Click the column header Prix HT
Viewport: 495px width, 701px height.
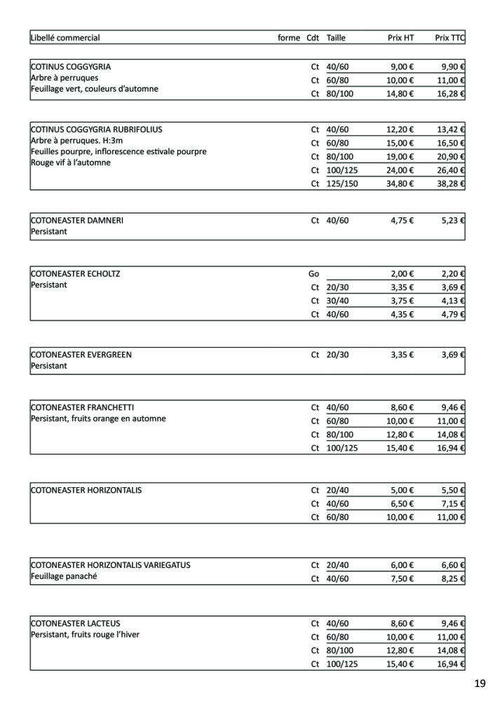[400, 38]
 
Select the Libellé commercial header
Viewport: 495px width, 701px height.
[65, 38]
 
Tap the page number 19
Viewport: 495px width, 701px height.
[479, 683]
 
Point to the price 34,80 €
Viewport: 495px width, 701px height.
[400, 184]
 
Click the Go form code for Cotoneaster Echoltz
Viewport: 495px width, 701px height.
[313, 273]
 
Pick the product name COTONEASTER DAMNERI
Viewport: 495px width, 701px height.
[77, 220]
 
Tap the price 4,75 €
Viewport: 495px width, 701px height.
[402, 220]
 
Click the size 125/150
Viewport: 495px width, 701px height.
[342, 184]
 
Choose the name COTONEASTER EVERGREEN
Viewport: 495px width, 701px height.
[81, 355]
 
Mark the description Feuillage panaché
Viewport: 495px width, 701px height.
[64, 577]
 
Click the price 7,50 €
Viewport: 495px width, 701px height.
[402, 579]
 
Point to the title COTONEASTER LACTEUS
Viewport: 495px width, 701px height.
[76, 622]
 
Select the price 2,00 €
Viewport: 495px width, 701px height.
[402, 273]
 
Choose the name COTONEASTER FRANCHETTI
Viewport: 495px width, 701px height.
[83, 407]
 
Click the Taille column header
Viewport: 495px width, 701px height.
[336, 38]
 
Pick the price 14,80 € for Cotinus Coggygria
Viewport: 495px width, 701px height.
[400, 93]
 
